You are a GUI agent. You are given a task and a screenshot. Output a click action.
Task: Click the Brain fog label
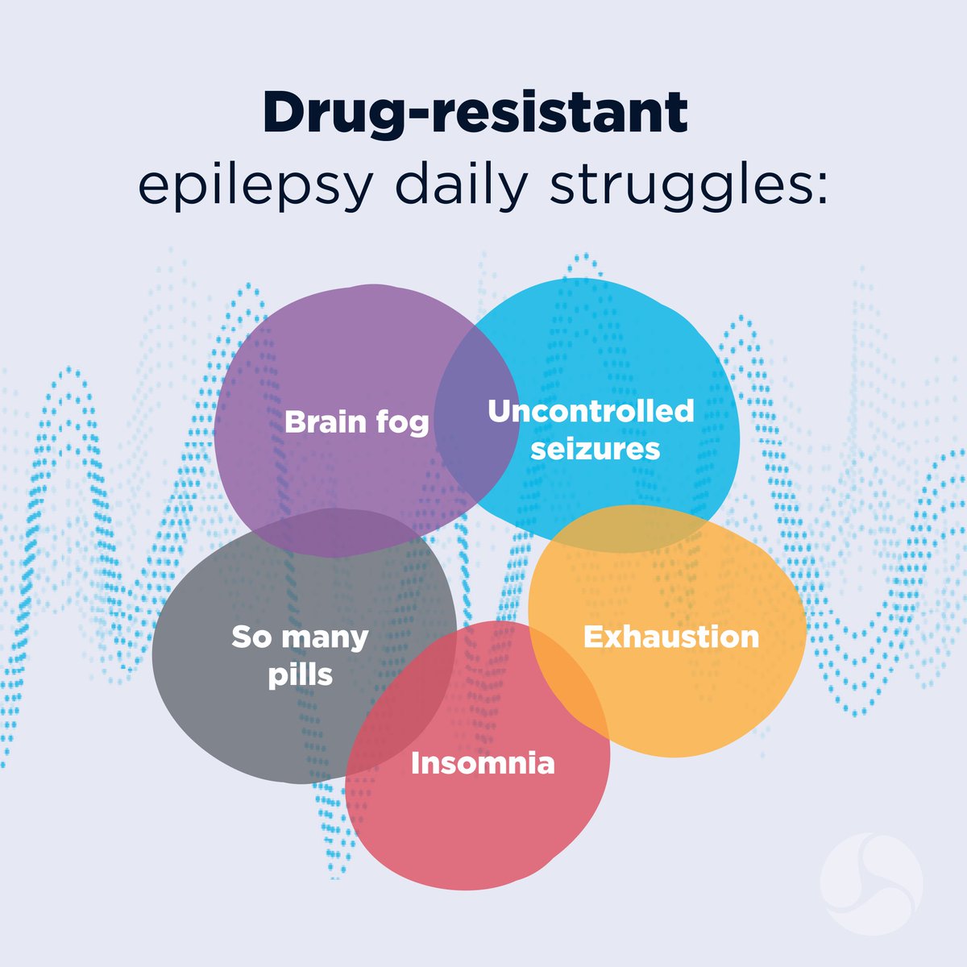point(356,422)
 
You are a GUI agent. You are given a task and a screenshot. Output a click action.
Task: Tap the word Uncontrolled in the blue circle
point(591,411)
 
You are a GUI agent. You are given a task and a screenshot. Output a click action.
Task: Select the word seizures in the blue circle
point(595,449)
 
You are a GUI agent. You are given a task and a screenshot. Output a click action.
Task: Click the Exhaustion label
point(671,637)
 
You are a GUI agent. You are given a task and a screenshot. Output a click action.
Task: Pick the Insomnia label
point(483,763)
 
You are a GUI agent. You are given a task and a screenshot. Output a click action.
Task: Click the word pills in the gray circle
point(300,674)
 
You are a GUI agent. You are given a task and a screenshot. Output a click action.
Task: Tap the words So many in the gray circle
point(300,637)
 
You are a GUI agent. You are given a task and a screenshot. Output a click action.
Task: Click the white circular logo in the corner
point(871,883)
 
